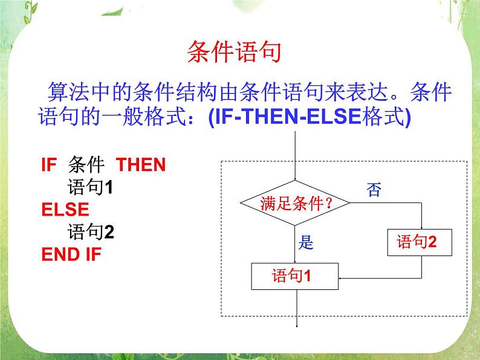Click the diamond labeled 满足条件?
(x=296, y=204)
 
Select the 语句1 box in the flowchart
(x=295, y=277)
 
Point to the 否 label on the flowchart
(x=374, y=190)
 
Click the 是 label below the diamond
(x=307, y=243)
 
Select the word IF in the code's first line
(x=48, y=165)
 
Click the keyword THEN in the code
(x=140, y=165)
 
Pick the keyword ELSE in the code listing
(x=65, y=210)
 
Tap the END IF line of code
(x=71, y=254)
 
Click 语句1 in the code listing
(x=91, y=187)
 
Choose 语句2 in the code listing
(x=91, y=232)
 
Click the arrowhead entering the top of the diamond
(x=296, y=178)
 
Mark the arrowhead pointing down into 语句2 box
(x=421, y=229)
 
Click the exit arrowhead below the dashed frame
(x=296, y=326)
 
